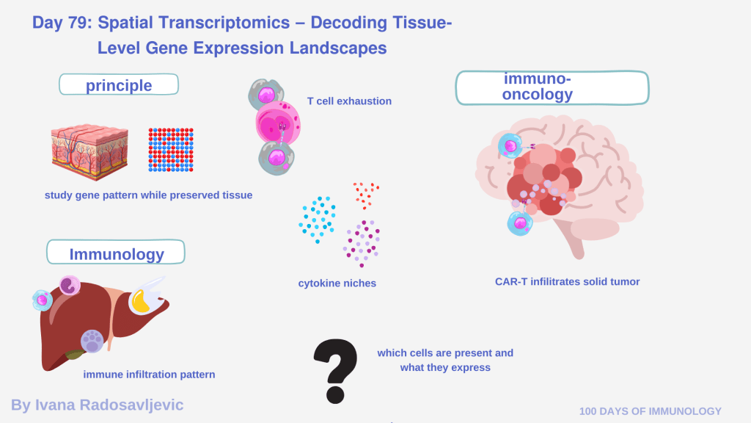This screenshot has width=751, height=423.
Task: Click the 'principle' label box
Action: click(x=119, y=85)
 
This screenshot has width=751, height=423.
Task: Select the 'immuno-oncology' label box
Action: click(x=552, y=87)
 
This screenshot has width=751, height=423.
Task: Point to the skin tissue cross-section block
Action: click(x=89, y=151)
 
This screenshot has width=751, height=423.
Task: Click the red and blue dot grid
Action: click(x=171, y=150)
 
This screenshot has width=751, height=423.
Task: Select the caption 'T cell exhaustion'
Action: click(x=349, y=101)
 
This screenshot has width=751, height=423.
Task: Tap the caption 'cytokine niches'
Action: click(x=337, y=283)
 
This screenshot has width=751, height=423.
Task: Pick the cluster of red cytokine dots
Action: click(x=364, y=195)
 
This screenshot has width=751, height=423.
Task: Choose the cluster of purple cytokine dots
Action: click(x=362, y=242)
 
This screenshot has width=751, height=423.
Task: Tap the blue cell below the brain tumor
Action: click(x=520, y=222)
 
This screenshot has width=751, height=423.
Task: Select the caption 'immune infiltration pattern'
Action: click(x=149, y=375)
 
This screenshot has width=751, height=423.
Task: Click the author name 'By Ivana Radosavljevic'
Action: click(x=98, y=405)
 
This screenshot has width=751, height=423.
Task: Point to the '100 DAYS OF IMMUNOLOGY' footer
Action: click(x=651, y=411)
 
